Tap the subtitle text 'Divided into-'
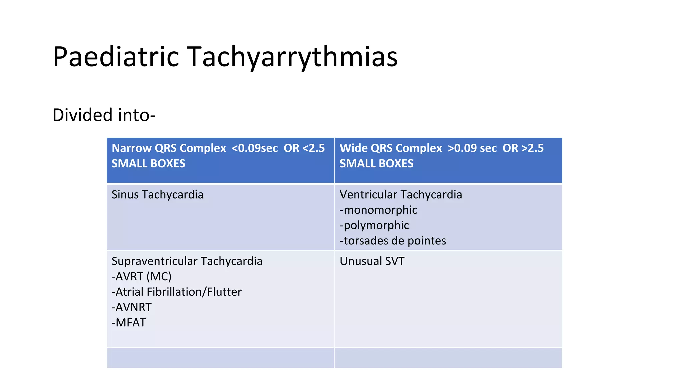tap(104, 115)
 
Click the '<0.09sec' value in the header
tap(255, 148)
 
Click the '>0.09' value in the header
tap(464, 148)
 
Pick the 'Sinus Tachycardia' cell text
tap(157, 195)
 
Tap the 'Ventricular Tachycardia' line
tap(401, 195)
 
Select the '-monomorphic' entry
tap(378, 210)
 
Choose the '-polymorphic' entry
tap(374, 225)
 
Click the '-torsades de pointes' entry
tap(393, 241)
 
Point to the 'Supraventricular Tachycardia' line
tap(187, 261)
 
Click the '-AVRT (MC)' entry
tap(141, 276)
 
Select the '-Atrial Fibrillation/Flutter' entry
tap(176, 292)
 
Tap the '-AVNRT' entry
tap(131, 307)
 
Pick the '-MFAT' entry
tap(129, 323)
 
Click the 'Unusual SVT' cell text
tap(372, 261)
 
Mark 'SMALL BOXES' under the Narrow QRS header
tap(148, 164)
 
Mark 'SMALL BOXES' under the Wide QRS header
tap(377, 164)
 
